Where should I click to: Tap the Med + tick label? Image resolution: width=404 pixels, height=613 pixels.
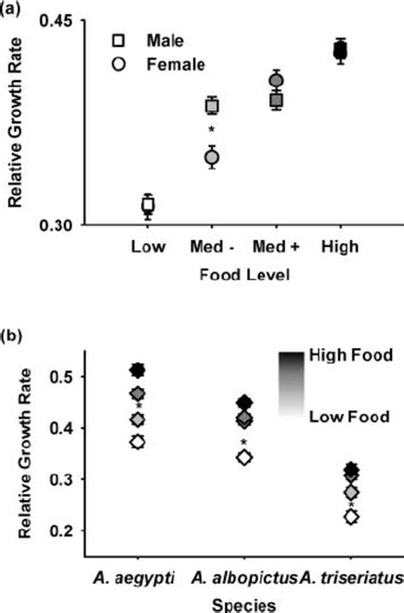click(275, 247)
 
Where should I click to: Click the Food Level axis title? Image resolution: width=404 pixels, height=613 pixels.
click(242, 275)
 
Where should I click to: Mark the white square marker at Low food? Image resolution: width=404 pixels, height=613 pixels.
click(147, 205)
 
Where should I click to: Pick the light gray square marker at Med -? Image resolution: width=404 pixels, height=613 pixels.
click(211, 106)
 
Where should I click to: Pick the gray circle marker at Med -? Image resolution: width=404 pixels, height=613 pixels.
click(211, 157)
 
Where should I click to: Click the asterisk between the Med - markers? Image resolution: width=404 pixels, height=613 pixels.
click(211, 131)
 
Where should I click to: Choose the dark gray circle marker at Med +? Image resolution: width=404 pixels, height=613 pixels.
click(275, 81)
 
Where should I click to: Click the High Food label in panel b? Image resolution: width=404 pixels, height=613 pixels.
click(349, 358)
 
